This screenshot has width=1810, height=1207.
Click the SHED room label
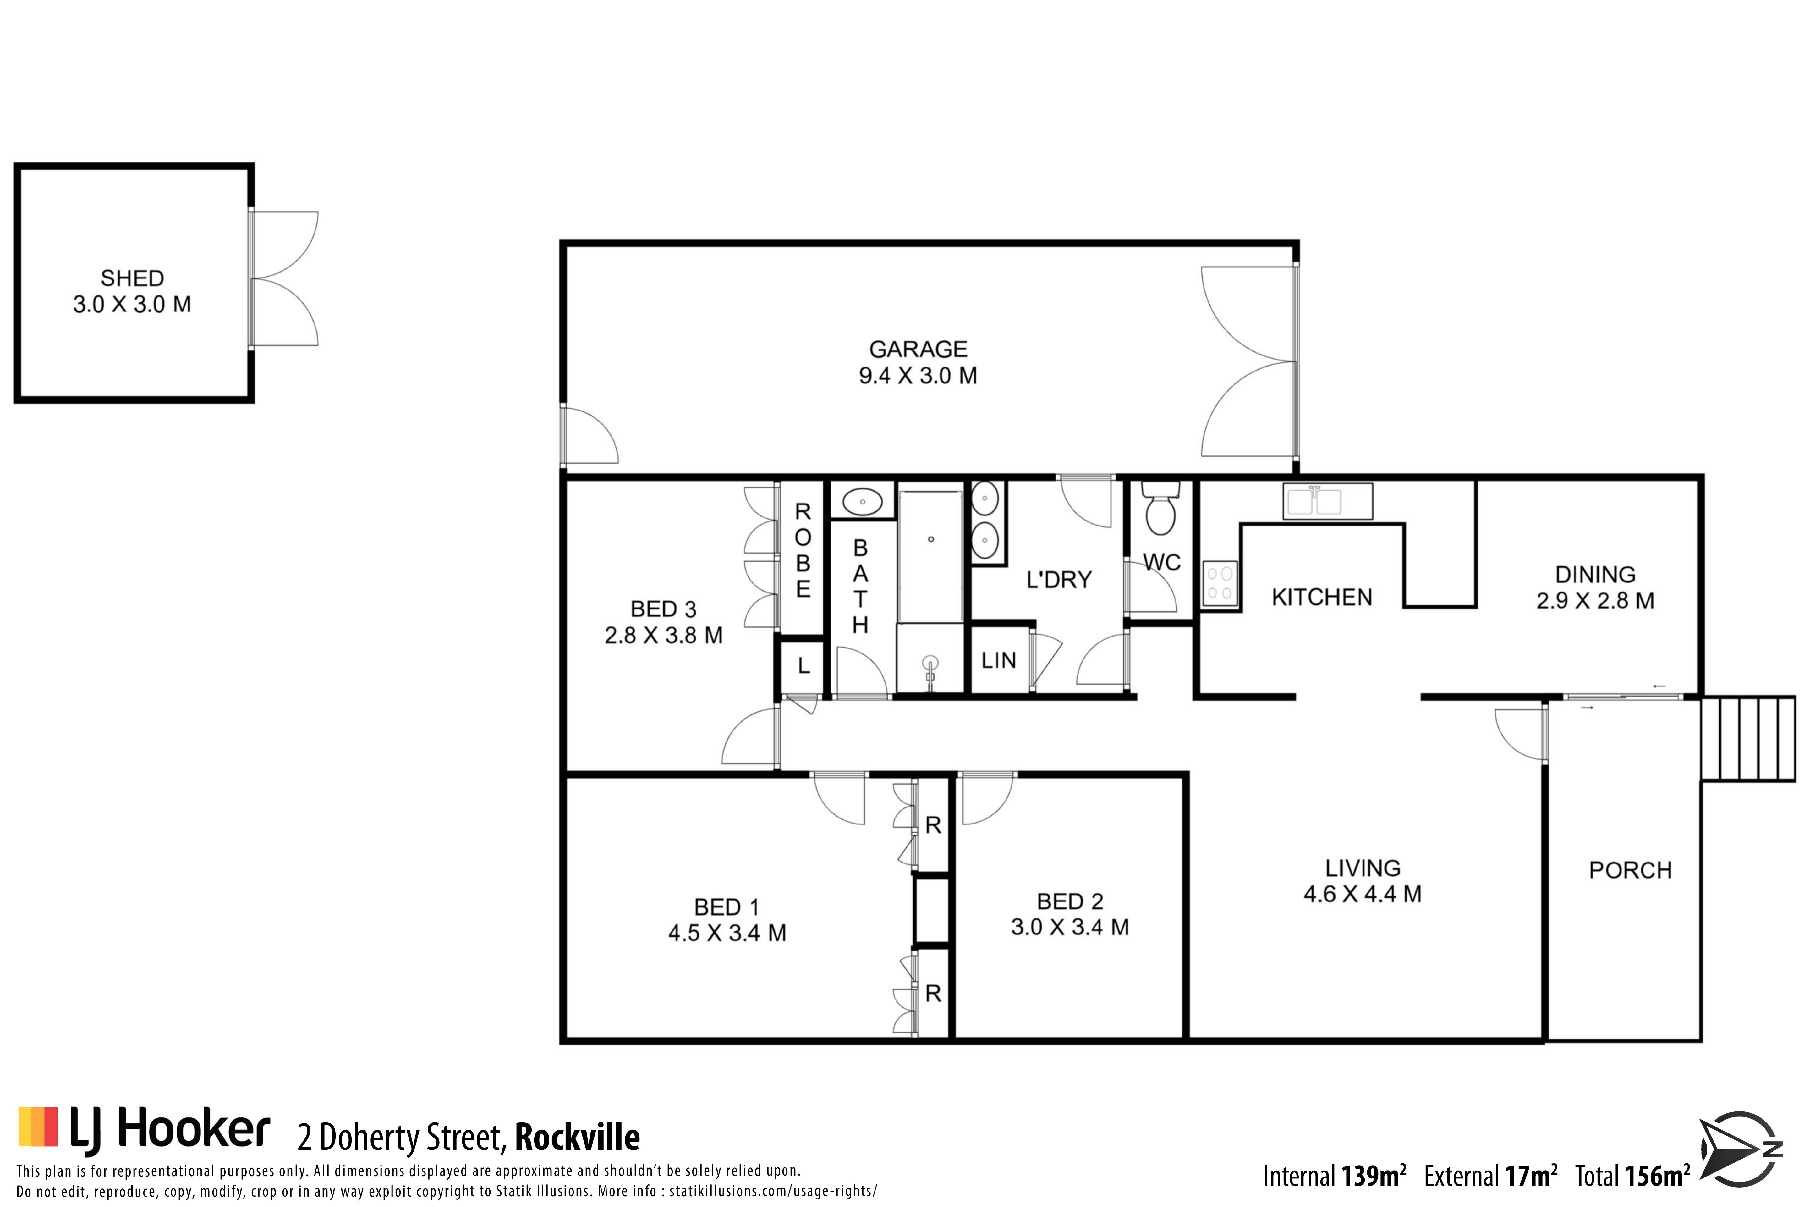(x=132, y=278)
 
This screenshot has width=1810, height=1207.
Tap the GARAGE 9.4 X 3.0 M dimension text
(x=918, y=376)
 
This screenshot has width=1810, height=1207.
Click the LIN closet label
(x=999, y=660)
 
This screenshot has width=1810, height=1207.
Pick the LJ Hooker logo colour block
(x=38, y=1126)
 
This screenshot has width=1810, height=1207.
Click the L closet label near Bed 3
(x=804, y=666)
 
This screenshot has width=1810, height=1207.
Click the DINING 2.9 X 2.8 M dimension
(x=1595, y=600)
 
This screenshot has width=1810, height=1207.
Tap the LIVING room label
(x=1363, y=868)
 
